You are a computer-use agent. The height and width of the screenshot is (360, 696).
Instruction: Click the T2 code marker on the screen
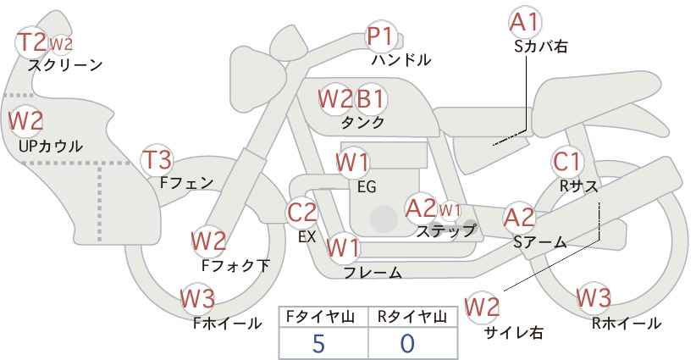(31, 42)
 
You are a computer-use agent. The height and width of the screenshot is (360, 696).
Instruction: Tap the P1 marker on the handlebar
(380, 36)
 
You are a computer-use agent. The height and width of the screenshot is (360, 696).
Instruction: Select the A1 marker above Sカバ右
(525, 22)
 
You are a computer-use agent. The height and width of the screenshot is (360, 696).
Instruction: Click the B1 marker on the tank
(370, 98)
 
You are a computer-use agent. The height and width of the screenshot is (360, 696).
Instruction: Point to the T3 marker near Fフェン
(157, 160)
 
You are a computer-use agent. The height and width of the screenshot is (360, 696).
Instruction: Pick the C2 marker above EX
(301, 213)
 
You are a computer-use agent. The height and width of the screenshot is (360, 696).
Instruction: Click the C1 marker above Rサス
(566, 162)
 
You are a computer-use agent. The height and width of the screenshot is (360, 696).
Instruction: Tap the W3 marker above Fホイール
(198, 298)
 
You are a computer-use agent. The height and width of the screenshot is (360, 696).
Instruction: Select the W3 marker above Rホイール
(594, 297)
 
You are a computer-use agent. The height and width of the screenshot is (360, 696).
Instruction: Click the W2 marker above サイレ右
(482, 307)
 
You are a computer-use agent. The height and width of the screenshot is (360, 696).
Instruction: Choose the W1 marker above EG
(352, 163)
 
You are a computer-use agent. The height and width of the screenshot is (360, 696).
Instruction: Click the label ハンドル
(401, 60)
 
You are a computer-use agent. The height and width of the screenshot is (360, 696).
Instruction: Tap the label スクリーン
(65, 65)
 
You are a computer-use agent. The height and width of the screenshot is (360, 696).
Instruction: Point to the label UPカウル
(51, 146)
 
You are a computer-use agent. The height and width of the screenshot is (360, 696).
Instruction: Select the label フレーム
(373, 273)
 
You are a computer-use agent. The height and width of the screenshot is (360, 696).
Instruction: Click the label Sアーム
(540, 241)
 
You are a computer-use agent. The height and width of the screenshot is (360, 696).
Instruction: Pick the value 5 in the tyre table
(318, 344)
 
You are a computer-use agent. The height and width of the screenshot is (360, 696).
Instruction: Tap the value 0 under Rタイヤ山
(407, 344)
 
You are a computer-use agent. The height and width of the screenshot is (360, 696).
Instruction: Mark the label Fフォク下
(235, 265)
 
